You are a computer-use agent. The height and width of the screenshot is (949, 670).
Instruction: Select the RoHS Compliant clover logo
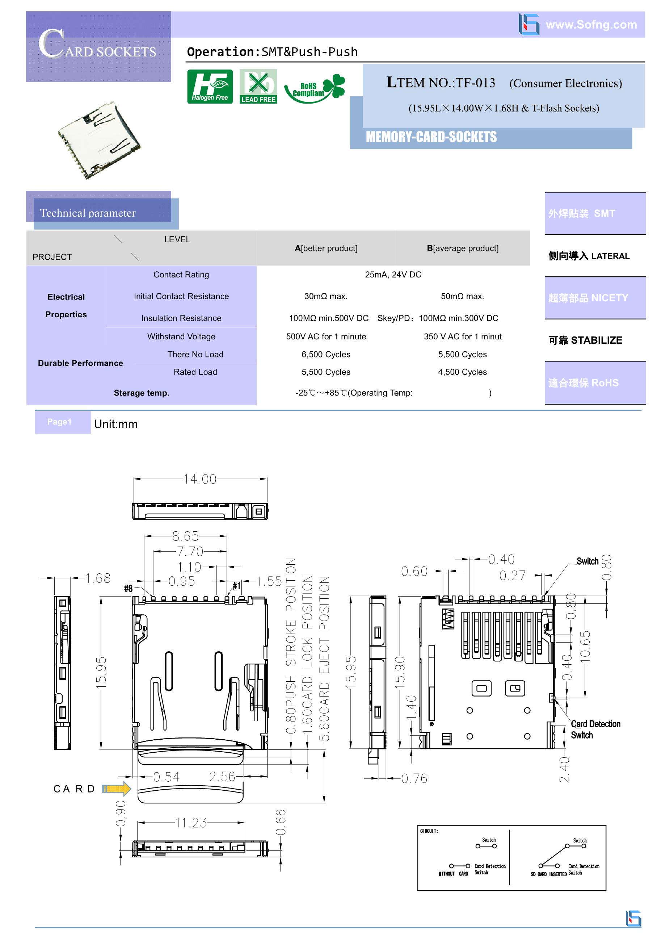[315, 88]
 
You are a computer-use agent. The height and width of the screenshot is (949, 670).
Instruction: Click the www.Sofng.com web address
[591, 25]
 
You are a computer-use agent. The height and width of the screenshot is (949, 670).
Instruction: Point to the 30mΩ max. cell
[325, 296]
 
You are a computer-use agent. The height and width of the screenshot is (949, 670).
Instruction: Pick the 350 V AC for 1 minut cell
[462, 336]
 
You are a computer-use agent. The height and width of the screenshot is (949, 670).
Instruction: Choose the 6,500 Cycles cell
[325, 354]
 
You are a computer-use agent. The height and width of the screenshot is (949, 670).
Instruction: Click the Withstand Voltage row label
[181, 336]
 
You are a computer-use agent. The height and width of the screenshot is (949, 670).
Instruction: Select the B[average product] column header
[462, 248]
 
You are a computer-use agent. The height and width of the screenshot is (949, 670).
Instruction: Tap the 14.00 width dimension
[200, 479]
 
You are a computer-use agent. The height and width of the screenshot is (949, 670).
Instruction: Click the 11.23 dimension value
[191, 823]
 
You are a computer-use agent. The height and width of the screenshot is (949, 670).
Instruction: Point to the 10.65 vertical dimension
[585, 647]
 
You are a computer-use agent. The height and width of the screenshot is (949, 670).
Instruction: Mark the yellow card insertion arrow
[117, 789]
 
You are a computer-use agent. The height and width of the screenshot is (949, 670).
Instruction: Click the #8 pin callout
[128, 588]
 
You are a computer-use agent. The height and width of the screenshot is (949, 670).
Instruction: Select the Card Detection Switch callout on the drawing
[595, 729]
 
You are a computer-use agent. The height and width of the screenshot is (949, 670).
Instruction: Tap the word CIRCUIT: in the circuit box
[429, 831]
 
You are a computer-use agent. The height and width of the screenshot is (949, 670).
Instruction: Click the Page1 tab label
[59, 422]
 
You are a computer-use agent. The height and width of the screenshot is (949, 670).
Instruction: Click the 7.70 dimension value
[190, 551]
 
